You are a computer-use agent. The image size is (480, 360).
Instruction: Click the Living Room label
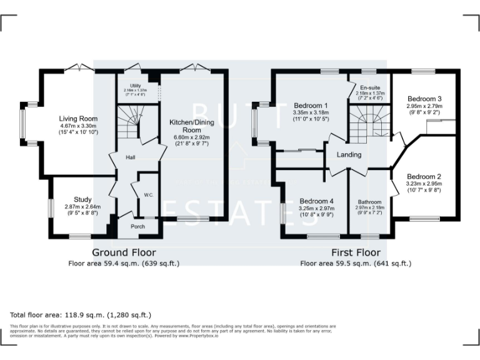(78, 118)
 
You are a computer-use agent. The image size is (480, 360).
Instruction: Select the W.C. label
(148, 195)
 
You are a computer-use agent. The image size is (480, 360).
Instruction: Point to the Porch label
(137, 226)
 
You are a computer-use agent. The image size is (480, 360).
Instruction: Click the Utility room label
(136, 86)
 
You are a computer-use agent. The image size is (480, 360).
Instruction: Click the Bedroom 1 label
(311, 105)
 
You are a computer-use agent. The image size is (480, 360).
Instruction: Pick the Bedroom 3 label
(424, 99)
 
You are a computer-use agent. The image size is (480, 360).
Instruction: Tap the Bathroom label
(369, 202)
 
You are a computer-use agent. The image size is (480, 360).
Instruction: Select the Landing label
(350, 155)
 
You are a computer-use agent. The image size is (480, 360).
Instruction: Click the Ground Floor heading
(124, 252)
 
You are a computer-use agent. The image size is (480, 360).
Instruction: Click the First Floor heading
(356, 252)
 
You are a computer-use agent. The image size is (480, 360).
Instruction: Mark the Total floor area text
(81, 314)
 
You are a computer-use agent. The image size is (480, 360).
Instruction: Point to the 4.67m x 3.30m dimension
(78, 126)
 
